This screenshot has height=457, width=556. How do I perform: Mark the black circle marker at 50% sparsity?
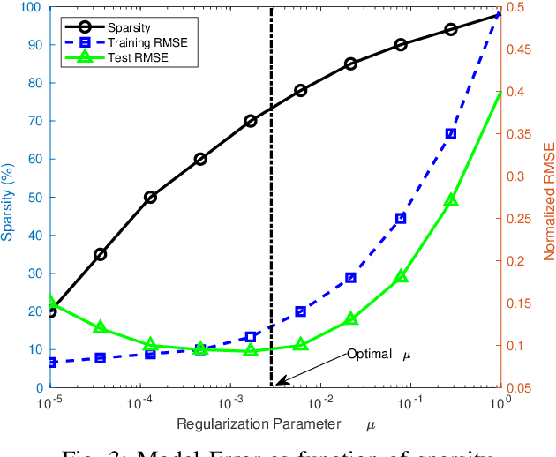[x=150, y=197]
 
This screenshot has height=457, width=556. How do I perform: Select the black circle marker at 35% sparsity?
[x=101, y=254]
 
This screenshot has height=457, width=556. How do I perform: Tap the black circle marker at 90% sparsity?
[x=401, y=44]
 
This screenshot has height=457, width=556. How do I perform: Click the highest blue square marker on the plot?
[x=451, y=134]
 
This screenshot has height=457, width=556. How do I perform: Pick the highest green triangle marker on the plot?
[x=451, y=200]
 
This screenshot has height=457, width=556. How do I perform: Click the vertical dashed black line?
[x=271, y=221]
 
